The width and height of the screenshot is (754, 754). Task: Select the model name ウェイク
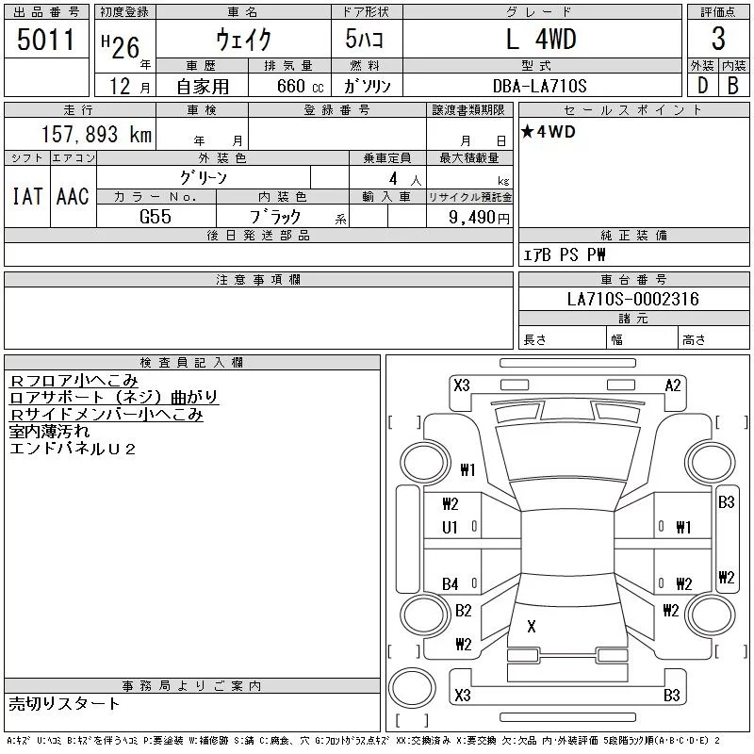(x=242, y=41)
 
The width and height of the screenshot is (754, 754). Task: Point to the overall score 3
(x=718, y=41)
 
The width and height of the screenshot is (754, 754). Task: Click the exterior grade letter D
(x=701, y=85)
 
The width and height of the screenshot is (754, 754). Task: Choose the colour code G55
(x=156, y=216)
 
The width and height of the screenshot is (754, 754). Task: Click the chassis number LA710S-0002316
(x=632, y=300)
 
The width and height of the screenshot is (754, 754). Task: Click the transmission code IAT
(x=26, y=196)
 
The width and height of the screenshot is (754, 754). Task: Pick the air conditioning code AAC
(x=73, y=196)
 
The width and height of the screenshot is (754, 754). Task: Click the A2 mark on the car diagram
(x=673, y=385)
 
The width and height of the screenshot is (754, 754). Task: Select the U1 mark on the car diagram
(x=450, y=528)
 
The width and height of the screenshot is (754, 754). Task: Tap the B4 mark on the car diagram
(x=451, y=584)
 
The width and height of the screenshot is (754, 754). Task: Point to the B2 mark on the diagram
(x=463, y=611)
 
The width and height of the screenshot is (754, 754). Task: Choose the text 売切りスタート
(x=65, y=703)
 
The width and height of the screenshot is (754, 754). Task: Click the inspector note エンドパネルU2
(x=73, y=449)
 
